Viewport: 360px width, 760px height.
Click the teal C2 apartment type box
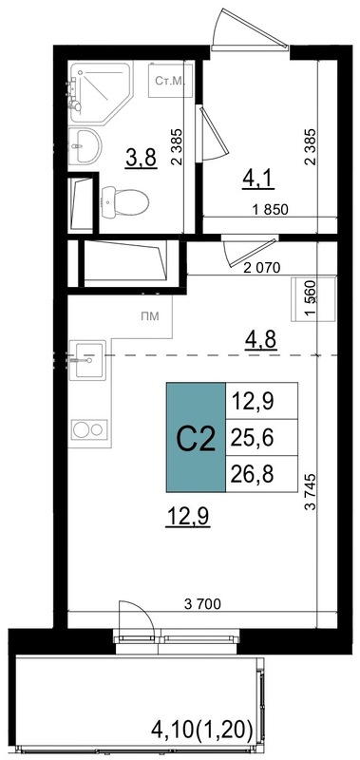pyautogui.click(x=196, y=437)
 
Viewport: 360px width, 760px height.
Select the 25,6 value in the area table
pyautogui.click(x=253, y=438)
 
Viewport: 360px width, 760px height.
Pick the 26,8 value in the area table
pyautogui.click(x=253, y=474)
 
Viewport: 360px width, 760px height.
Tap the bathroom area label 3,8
pyautogui.click(x=141, y=158)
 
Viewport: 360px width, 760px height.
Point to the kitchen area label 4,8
pyautogui.click(x=260, y=340)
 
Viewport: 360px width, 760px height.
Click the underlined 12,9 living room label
pyautogui.click(x=187, y=517)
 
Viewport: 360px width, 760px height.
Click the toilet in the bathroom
pyautogui.click(x=124, y=201)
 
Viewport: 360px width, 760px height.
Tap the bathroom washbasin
pyautogui.click(x=85, y=146)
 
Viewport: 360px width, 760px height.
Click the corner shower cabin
pyautogui.click(x=100, y=91)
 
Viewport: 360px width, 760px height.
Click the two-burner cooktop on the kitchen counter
pyautogui.click(x=88, y=429)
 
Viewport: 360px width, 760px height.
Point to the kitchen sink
pyautogui.click(x=86, y=360)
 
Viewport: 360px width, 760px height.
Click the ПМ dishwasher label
pyautogui.click(x=150, y=316)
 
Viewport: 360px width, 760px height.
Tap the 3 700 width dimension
pyautogui.click(x=202, y=604)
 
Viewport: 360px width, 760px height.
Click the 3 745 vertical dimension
pyautogui.click(x=311, y=491)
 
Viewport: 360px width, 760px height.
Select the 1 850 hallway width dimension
pyautogui.click(x=271, y=209)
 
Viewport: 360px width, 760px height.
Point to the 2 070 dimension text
pyautogui.click(x=262, y=268)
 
